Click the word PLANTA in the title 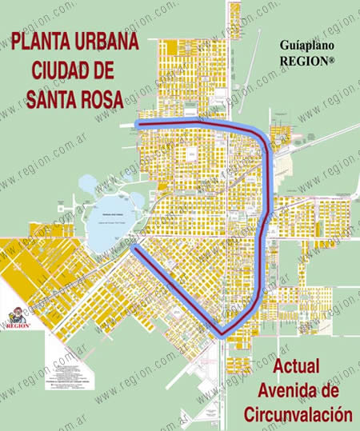pyautogui.click(x=37, y=41)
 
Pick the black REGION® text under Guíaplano pyautogui.click(x=306, y=60)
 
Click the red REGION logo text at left pyautogui.click(x=18, y=325)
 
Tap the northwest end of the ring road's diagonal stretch pyautogui.click(x=135, y=249)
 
